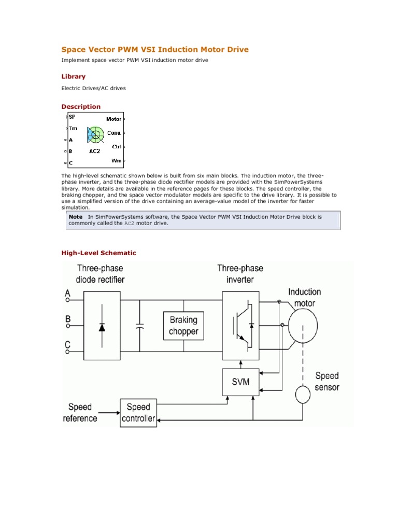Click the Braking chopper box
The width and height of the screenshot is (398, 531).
(183, 325)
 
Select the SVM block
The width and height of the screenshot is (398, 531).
(240, 382)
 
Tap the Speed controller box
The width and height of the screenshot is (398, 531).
(138, 413)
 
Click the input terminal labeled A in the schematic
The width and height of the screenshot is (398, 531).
(67, 300)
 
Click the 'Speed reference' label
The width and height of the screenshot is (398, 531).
(80, 412)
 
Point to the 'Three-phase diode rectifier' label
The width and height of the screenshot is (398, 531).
(100, 274)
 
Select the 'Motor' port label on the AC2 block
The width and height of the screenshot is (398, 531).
(113, 119)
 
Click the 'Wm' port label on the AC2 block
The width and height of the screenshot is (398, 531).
(116, 161)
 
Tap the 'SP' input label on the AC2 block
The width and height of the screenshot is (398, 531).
(72, 117)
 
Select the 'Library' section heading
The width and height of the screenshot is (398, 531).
(74, 76)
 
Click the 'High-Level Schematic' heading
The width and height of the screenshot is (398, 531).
(98, 253)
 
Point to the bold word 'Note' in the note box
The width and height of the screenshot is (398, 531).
(76, 217)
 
